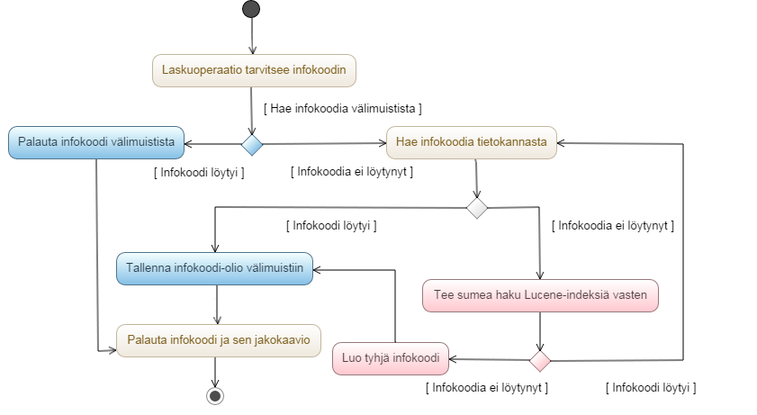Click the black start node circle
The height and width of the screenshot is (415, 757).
(251, 9)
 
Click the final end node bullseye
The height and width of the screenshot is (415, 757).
(214, 395)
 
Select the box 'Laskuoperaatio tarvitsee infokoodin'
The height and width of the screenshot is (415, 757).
(254, 70)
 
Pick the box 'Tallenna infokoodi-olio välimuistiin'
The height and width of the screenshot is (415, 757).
(214, 268)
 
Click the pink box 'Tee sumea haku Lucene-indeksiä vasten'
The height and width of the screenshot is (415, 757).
(540, 294)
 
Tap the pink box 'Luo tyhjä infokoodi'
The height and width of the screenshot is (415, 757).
(391, 359)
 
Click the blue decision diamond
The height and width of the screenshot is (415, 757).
(252, 143)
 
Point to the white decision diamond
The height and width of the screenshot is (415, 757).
(476, 208)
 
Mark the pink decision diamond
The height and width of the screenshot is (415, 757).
(539, 361)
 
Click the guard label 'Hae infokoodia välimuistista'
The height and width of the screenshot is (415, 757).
(343, 108)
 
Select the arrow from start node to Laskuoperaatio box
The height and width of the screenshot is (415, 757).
(252, 36)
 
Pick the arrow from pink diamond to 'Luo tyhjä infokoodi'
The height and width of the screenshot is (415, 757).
(490, 360)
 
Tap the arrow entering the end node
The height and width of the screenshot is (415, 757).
(214, 373)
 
